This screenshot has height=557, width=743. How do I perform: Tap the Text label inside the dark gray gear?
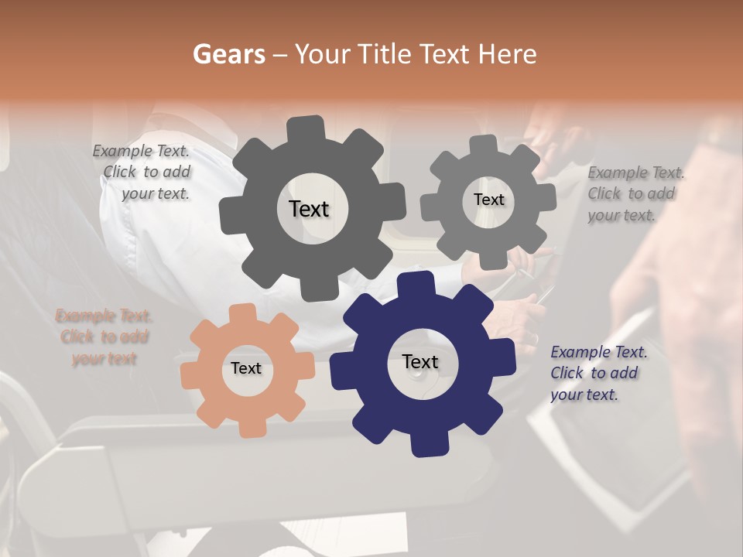pyautogui.click(x=309, y=209)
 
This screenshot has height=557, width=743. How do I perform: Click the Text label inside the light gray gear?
pyautogui.click(x=488, y=200)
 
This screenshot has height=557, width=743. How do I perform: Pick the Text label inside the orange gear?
pyautogui.click(x=246, y=368)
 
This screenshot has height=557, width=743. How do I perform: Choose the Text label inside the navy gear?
pyautogui.click(x=420, y=361)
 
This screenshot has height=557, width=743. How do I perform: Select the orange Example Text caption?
pyautogui.click(x=104, y=337)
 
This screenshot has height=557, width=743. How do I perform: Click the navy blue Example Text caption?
pyautogui.click(x=598, y=373)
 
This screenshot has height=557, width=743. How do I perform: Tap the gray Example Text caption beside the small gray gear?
pyautogui.click(x=635, y=193)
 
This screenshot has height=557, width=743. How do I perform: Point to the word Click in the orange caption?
pyautogui.click(x=77, y=337)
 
